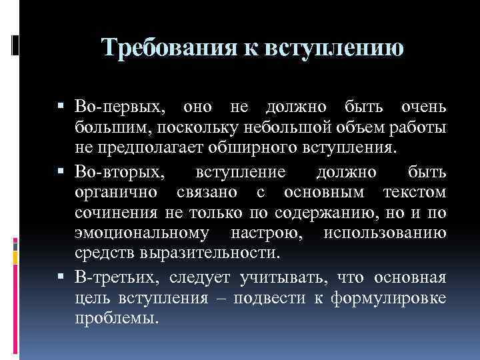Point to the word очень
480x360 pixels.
pyautogui.click(x=424, y=108)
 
